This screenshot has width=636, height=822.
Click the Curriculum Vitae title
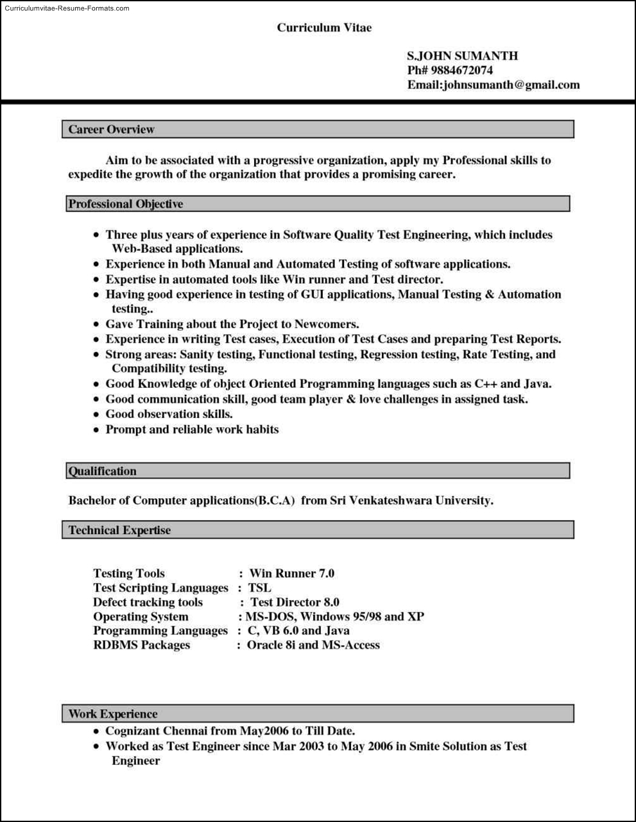(324, 28)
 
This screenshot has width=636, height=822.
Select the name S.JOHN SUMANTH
(462, 56)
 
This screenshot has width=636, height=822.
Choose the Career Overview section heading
(112, 130)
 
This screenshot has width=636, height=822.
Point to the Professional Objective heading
(126, 204)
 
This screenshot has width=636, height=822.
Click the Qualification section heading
(103, 471)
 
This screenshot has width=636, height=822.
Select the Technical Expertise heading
(120, 530)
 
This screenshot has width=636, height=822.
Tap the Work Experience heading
(113, 714)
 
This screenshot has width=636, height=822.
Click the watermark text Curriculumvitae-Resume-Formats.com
(67, 8)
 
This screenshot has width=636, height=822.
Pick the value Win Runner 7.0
(291, 573)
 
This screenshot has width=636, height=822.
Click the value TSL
(259, 587)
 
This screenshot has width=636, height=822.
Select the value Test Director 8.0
(295, 602)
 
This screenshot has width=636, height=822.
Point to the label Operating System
(141, 617)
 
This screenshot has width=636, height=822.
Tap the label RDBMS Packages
(141, 645)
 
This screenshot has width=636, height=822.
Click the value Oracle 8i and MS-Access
(313, 645)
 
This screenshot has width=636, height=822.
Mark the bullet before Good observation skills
(96, 415)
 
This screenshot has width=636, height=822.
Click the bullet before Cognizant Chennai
(96, 732)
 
